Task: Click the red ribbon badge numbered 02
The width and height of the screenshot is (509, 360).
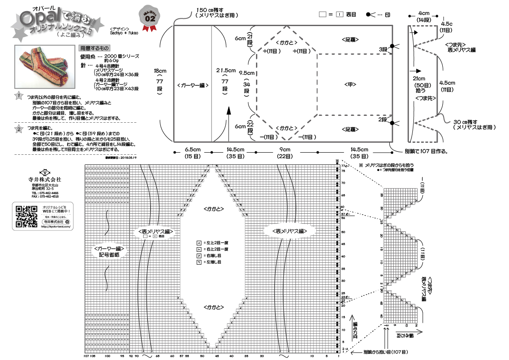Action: click(150, 19)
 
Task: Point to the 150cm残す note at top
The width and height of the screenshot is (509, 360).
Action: click(217, 12)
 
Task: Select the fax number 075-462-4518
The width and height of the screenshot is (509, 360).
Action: click(45, 197)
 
